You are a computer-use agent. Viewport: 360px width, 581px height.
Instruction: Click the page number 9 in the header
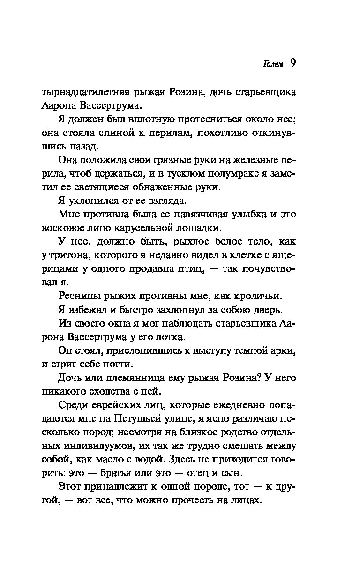click(292, 63)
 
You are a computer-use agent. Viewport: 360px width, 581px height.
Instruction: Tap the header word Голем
click(273, 65)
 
